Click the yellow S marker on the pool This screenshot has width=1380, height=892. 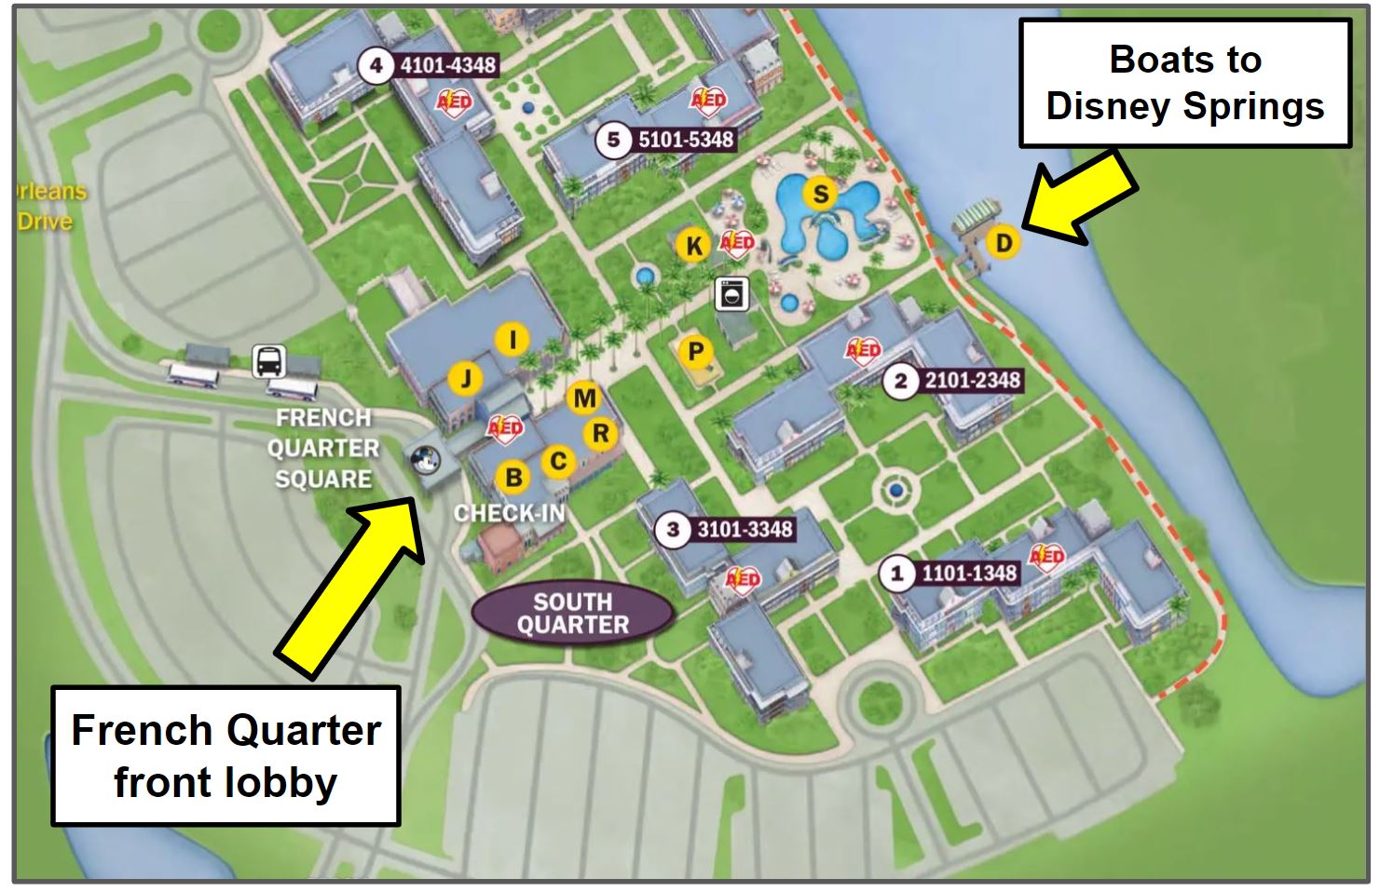(821, 194)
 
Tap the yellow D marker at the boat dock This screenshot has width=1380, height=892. (1004, 243)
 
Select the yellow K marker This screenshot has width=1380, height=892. (694, 246)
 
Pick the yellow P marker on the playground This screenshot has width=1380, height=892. (695, 353)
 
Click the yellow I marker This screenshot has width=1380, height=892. (512, 340)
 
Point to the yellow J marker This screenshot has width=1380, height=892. (466, 378)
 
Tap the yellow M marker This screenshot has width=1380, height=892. (584, 399)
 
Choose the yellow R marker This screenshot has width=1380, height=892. (601, 433)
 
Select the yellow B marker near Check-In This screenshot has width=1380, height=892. (512, 478)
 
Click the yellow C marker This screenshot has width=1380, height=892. (558, 461)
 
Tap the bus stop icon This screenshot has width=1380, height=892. (269, 361)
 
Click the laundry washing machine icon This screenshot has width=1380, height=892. (731, 293)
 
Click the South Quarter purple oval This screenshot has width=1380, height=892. (572, 614)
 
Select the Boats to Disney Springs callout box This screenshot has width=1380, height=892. (1185, 83)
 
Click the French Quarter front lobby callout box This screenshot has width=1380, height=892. (226, 755)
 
